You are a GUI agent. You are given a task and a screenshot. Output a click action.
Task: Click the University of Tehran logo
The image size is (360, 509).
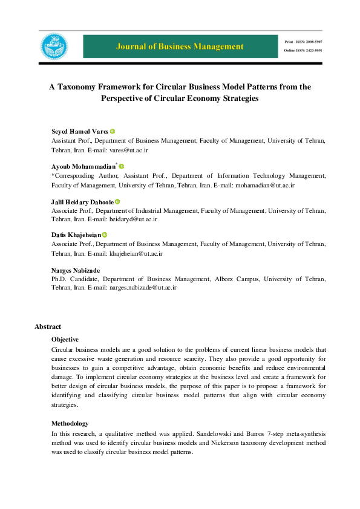54,47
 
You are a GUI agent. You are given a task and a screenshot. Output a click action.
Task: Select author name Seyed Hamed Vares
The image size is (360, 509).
80,132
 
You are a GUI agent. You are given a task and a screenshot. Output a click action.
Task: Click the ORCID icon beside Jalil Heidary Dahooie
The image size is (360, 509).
117,202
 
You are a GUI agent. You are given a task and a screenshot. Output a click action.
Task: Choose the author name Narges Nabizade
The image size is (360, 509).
76,270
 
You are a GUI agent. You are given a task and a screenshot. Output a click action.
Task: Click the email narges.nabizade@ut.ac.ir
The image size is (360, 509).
143,288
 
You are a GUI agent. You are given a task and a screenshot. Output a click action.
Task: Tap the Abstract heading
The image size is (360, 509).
48,326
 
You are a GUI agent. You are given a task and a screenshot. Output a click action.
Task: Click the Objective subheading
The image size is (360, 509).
65,340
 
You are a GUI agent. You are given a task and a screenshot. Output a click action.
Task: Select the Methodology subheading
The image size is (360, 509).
70,423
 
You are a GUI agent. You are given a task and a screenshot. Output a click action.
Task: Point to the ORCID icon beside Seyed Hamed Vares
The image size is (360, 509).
113,132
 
